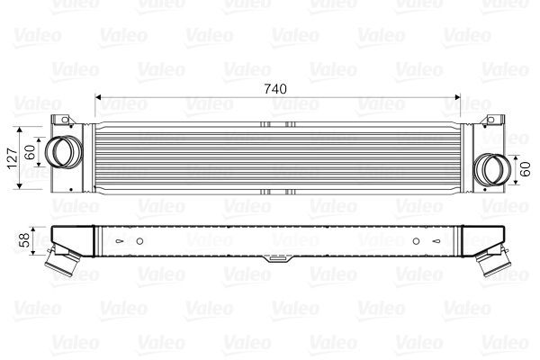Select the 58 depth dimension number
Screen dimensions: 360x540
coord(25,238)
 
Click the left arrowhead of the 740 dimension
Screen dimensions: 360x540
coord(99,97)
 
